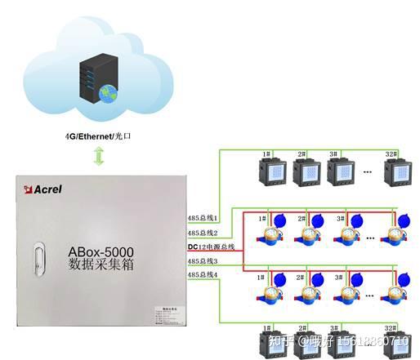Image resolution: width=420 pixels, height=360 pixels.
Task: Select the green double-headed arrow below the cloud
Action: point(99,157)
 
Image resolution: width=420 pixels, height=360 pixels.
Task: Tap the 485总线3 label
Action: point(203,260)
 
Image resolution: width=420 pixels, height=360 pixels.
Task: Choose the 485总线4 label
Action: point(203,275)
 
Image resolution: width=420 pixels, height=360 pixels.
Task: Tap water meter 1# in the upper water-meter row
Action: point(270,233)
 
